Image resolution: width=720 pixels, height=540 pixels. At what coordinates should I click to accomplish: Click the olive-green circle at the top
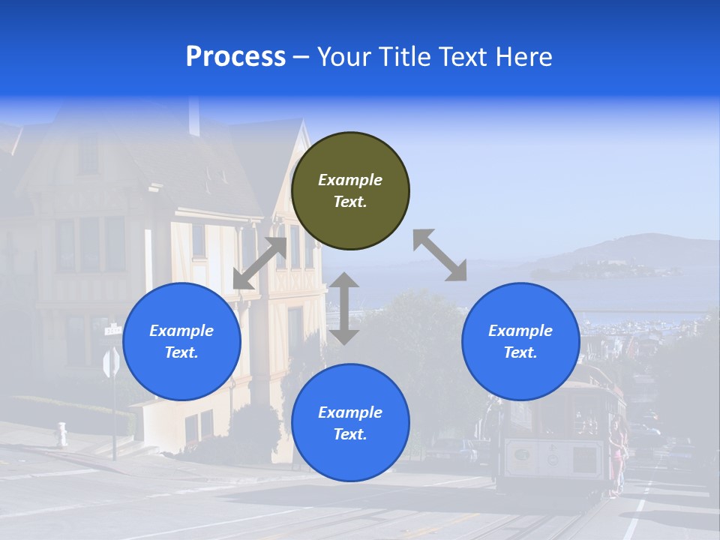click(350, 191)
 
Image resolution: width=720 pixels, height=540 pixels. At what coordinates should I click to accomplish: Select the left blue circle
click(181, 341)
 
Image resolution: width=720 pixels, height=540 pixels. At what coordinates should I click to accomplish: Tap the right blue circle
click(520, 341)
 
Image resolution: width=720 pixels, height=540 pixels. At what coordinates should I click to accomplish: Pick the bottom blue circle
click(350, 423)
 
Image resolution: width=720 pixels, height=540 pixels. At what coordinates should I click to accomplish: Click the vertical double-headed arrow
click(344, 308)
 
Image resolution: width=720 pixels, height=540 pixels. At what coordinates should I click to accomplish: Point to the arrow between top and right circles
click(439, 255)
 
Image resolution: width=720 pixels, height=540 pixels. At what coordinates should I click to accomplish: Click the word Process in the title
click(235, 57)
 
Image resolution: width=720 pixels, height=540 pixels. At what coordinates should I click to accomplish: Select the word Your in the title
click(343, 57)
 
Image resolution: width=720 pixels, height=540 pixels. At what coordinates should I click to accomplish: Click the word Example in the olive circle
click(350, 180)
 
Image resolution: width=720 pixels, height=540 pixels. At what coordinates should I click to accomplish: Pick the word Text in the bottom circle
click(350, 434)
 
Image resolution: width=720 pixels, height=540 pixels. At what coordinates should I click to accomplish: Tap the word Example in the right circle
click(520, 331)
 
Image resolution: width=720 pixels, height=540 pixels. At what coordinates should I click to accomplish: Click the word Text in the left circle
click(181, 352)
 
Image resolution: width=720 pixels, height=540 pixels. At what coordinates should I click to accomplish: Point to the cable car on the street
click(562, 435)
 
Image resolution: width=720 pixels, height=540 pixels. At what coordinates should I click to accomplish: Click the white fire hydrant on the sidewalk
click(61, 433)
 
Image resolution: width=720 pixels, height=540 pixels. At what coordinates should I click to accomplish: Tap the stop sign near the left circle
click(111, 364)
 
